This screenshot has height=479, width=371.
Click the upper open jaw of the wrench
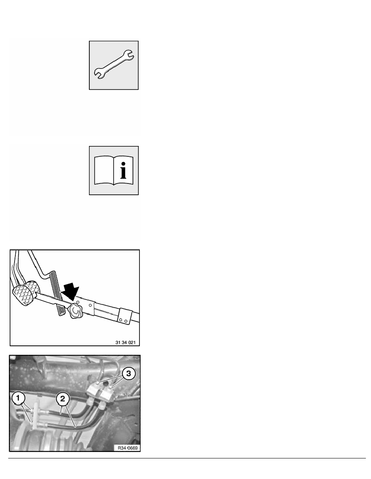click(x=131, y=53)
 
